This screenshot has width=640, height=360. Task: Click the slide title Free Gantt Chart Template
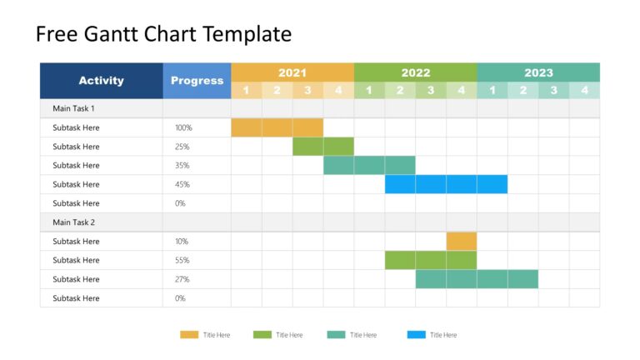(163, 34)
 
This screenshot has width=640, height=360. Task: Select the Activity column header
(101, 81)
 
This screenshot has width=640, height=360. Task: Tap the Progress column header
(197, 81)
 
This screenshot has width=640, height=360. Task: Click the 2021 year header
(292, 72)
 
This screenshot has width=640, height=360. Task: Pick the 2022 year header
(415, 72)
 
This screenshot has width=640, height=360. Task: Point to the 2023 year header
(537, 72)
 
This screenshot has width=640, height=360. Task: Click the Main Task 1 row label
(73, 108)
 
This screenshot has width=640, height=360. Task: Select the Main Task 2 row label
(73, 222)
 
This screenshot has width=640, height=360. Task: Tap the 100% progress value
(183, 127)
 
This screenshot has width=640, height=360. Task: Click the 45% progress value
(182, 184)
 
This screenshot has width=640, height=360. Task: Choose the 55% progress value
(182, 260)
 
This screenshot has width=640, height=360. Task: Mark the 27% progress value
(182, 279)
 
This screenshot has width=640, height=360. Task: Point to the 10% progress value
(182, 241)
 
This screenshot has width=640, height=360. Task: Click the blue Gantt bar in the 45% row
(446, 184)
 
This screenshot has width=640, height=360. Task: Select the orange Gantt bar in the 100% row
(277, 127)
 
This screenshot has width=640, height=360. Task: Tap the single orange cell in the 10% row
(461, 241)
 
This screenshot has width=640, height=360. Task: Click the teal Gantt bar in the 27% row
(477, 279)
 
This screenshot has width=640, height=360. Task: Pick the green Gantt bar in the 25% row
(322, 147)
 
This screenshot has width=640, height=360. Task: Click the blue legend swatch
(416, 335)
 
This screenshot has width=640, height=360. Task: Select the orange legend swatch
(189, 335)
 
